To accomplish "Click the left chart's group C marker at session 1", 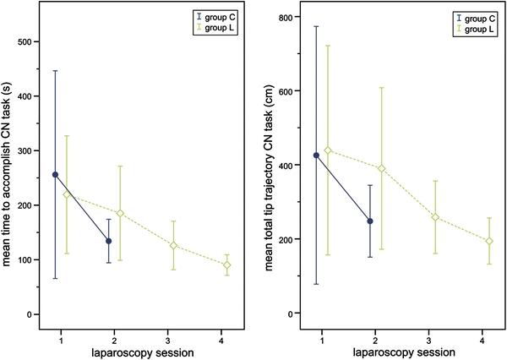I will tap(56, 175).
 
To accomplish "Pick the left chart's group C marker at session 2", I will tap(109, 241).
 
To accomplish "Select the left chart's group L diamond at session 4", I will tap(226, 265).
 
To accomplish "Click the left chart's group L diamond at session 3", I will tap(173, 246).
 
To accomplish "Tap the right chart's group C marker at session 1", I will tap(316, 155).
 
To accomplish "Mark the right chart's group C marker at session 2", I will tap(369, 221).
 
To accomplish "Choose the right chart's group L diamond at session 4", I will tap(488, 241).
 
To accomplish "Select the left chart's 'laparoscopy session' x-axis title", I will tap(141, 350).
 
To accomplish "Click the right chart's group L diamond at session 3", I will tap(435, 217).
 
